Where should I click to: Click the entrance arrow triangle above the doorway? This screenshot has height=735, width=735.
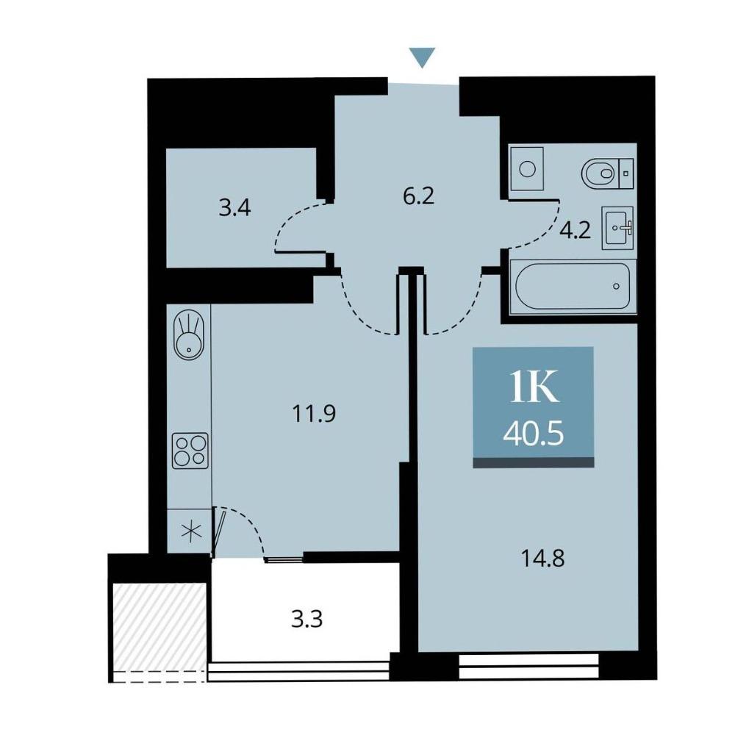(423, 57)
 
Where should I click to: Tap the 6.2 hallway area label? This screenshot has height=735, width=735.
(419, 196)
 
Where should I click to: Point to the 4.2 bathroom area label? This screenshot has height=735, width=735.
(576, 231)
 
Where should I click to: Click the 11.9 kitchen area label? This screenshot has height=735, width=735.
(314, 413)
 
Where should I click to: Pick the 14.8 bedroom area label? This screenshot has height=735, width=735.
(543, 559)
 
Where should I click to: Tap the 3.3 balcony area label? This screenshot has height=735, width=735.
(307, 620)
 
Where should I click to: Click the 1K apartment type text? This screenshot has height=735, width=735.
(534, 387)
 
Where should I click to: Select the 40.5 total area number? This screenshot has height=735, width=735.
(534, 434)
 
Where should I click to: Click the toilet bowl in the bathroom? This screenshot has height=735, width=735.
(607, 173)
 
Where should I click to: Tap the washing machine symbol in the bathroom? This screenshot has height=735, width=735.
(527, 168)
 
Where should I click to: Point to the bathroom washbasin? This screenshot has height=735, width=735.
(618, 228)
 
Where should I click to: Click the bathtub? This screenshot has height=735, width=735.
(573, 286)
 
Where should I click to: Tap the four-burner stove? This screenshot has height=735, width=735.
(190, 451)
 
